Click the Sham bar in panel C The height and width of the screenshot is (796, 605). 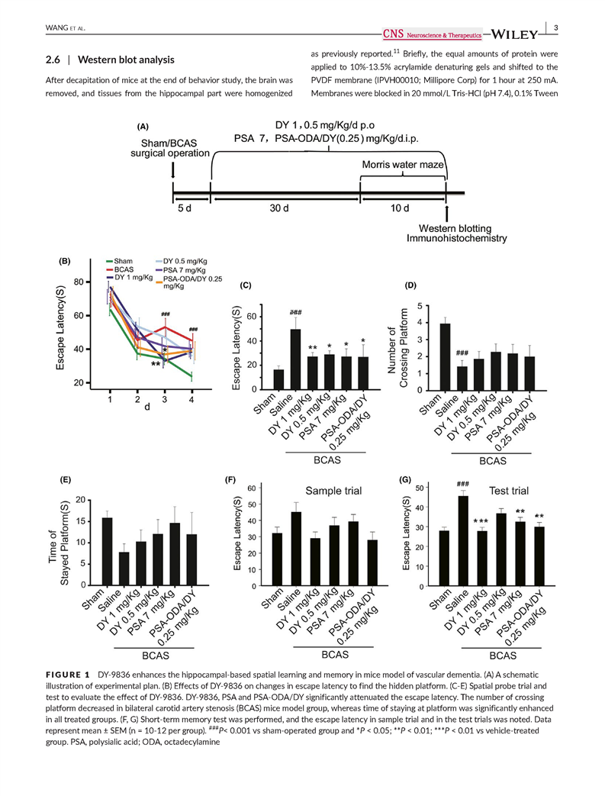[x=258, y=379]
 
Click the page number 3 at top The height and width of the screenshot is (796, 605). [x=556, y=29]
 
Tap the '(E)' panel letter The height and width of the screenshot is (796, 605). [x=66, y=481]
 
